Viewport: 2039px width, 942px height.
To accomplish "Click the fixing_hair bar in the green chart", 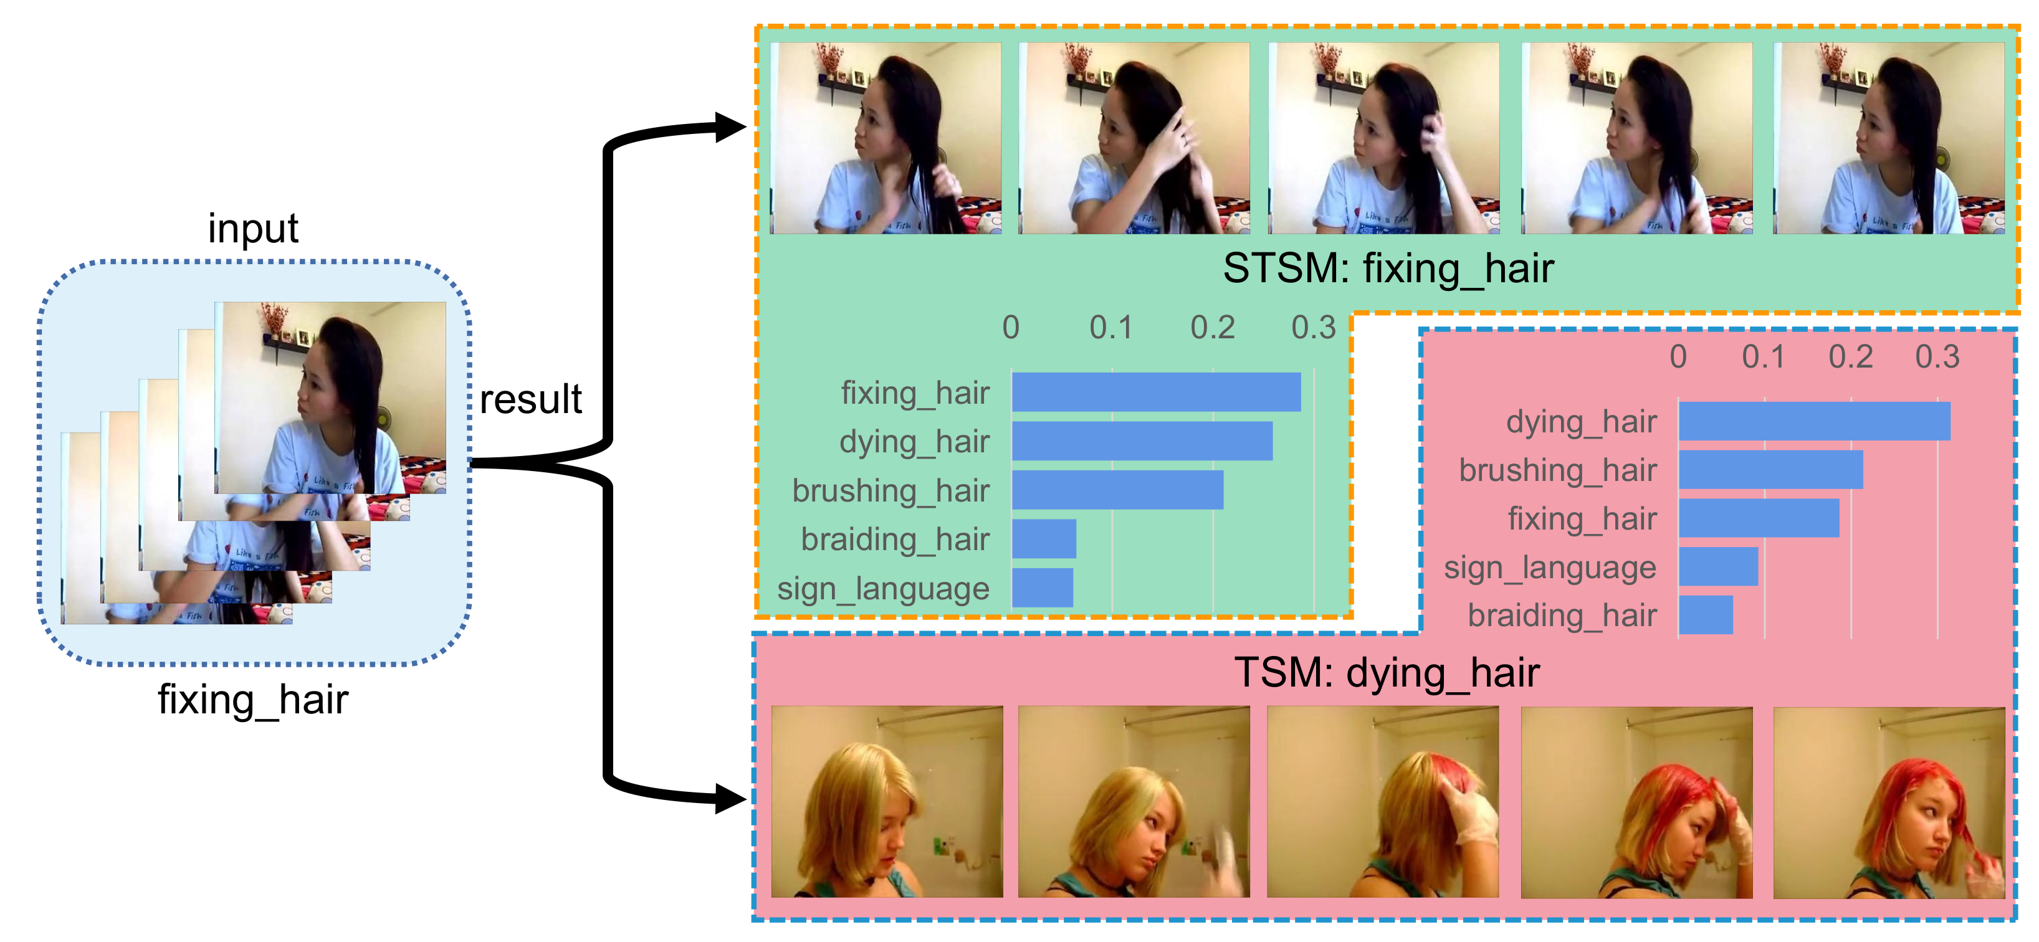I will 1155,392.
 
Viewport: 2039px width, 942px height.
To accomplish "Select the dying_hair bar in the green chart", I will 1142,441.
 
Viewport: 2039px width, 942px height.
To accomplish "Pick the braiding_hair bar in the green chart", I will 1043,539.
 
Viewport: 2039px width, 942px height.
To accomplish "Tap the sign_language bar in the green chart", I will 1042,588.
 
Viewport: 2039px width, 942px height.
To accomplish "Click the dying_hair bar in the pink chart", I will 1813,421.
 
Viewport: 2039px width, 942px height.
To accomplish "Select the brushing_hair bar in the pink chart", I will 1770,470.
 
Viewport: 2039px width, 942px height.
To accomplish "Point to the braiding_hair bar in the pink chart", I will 1705,615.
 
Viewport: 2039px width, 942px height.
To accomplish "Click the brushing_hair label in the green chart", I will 891,491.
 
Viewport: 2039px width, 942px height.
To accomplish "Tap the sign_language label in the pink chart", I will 1549,568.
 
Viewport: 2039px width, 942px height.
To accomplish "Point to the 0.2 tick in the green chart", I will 1212,328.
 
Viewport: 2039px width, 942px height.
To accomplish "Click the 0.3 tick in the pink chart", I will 1936,357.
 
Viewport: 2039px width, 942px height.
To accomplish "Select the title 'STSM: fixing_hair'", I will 1388,269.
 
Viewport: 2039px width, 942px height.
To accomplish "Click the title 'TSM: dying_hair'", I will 1386,673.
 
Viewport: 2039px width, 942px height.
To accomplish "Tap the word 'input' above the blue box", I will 252,229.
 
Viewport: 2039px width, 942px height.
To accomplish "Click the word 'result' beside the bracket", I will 530,399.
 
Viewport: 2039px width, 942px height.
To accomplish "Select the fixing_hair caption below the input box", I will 252,700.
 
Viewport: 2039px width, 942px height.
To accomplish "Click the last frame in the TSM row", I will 1889,802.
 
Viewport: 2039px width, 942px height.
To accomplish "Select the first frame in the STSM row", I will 886,138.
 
